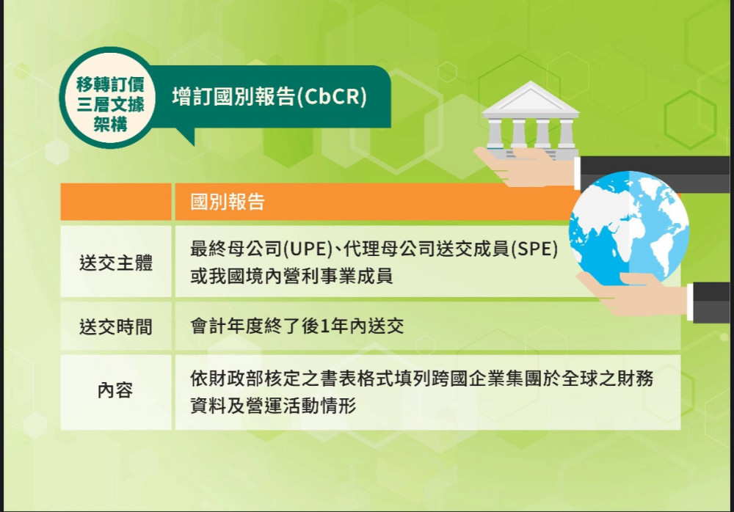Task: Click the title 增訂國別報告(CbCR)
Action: (x=269, y=98)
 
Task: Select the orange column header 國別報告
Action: (x=228, y=202)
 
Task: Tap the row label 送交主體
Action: (x=116, y=263)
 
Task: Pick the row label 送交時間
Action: (x=116, y=326)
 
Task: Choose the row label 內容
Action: (x=116, y=391)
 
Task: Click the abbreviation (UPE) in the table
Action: (x=305, y=249)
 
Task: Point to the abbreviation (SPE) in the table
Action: (x=534, y=249)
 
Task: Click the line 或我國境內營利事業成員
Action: (x=291, y=277)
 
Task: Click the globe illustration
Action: (x=629, y=227)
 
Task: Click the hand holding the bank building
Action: (x=525, y=161)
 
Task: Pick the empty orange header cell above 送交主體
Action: (x=116, y=202)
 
